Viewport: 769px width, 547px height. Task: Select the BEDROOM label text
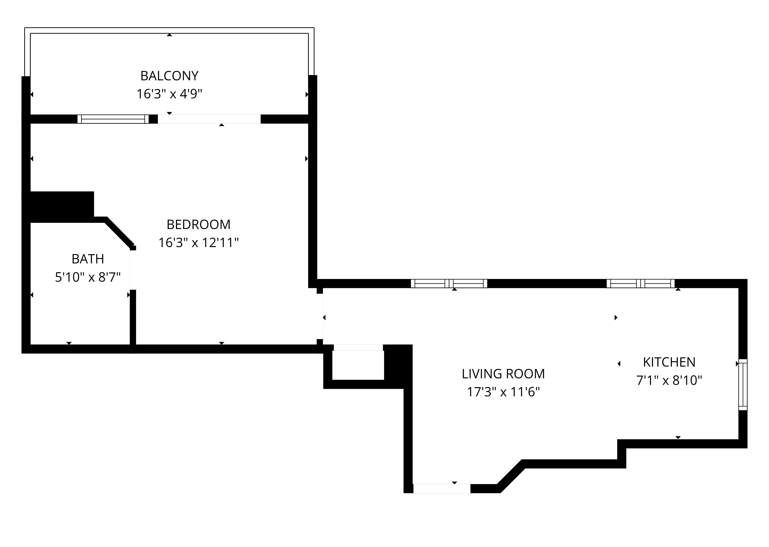tap(198, 225)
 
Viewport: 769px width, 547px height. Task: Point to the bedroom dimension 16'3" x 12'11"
tap(198, 242)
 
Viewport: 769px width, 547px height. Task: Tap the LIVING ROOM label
tap(503, 374)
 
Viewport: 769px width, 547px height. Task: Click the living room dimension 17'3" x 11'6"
tap(503, 392)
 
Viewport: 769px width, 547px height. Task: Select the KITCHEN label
tap(669, 362)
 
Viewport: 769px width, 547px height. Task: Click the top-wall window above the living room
tap(449, 284)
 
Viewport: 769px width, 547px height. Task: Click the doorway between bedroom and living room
tap(320, 317)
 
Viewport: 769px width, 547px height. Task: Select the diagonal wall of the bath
tap(120, 232)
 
